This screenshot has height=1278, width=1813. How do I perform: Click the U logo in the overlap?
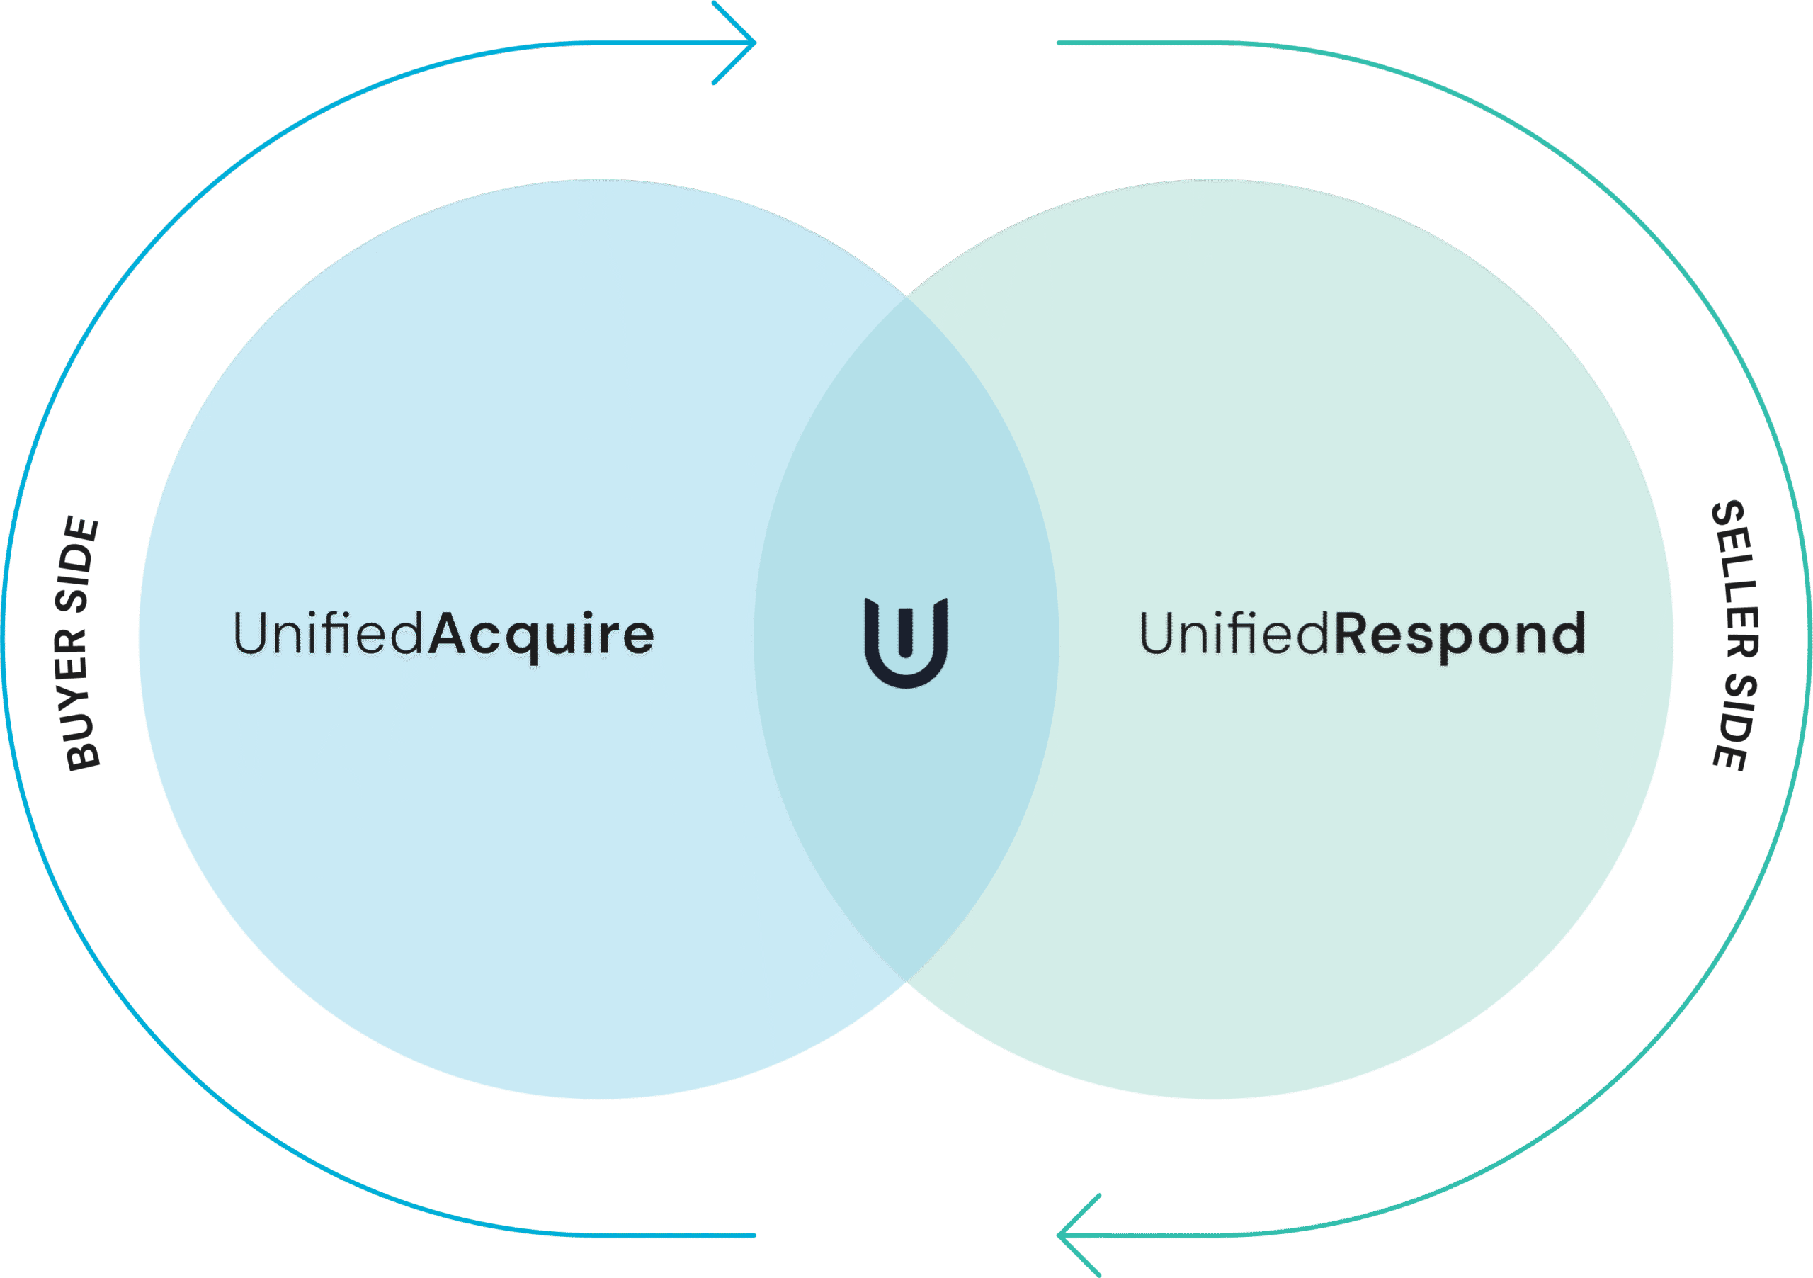(906, 641)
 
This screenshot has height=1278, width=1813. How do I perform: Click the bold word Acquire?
(542, 634)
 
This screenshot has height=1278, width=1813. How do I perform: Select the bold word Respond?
(1459, 634)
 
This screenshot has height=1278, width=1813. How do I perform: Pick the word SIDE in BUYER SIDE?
(78, 565)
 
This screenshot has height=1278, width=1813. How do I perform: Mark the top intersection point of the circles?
(906, 297)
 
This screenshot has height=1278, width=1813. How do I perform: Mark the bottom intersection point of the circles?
(906, 981)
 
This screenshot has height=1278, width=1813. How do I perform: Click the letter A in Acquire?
(450, 633)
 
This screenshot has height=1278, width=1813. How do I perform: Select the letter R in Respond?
(1355, 633)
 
